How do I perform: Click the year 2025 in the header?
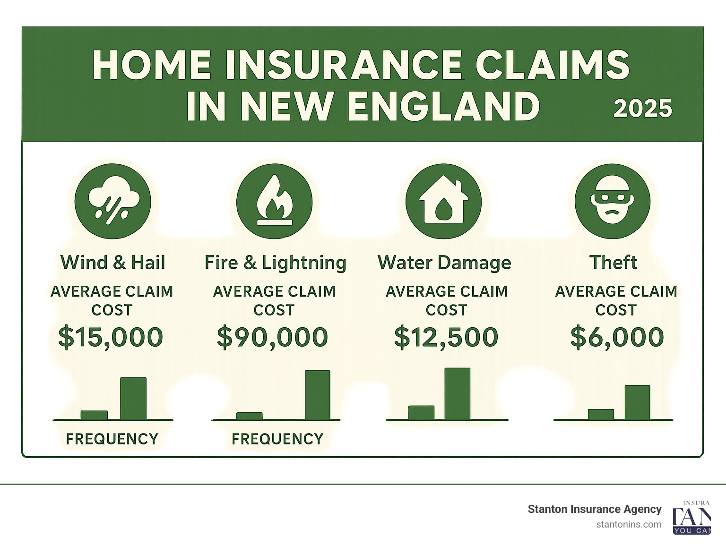(x=642, y=109)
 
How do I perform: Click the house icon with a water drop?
(x=443, y=201)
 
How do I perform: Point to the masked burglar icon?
(x=613, y=201)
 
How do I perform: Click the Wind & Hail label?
(x=113, y=263)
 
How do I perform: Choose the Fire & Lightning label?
(x=275, y=263)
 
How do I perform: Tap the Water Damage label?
(x=444, y=263)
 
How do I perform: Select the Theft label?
(x=614, y=263)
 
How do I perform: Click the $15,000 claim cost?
(x=111, y=337)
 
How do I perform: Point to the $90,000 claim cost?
(x=272, y=337)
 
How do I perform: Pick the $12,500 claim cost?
(x=446, y=337)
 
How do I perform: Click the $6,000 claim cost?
(x=617, y=337)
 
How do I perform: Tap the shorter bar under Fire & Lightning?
(x=249, y=416)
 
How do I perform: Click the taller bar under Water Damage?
(x=458, y=393)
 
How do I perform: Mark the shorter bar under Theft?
(x=601, y=414)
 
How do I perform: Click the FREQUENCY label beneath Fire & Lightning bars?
(x=277, y=439)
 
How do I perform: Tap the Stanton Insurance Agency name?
(x=595, y=509)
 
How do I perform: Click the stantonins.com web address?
(x=629, y=525)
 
